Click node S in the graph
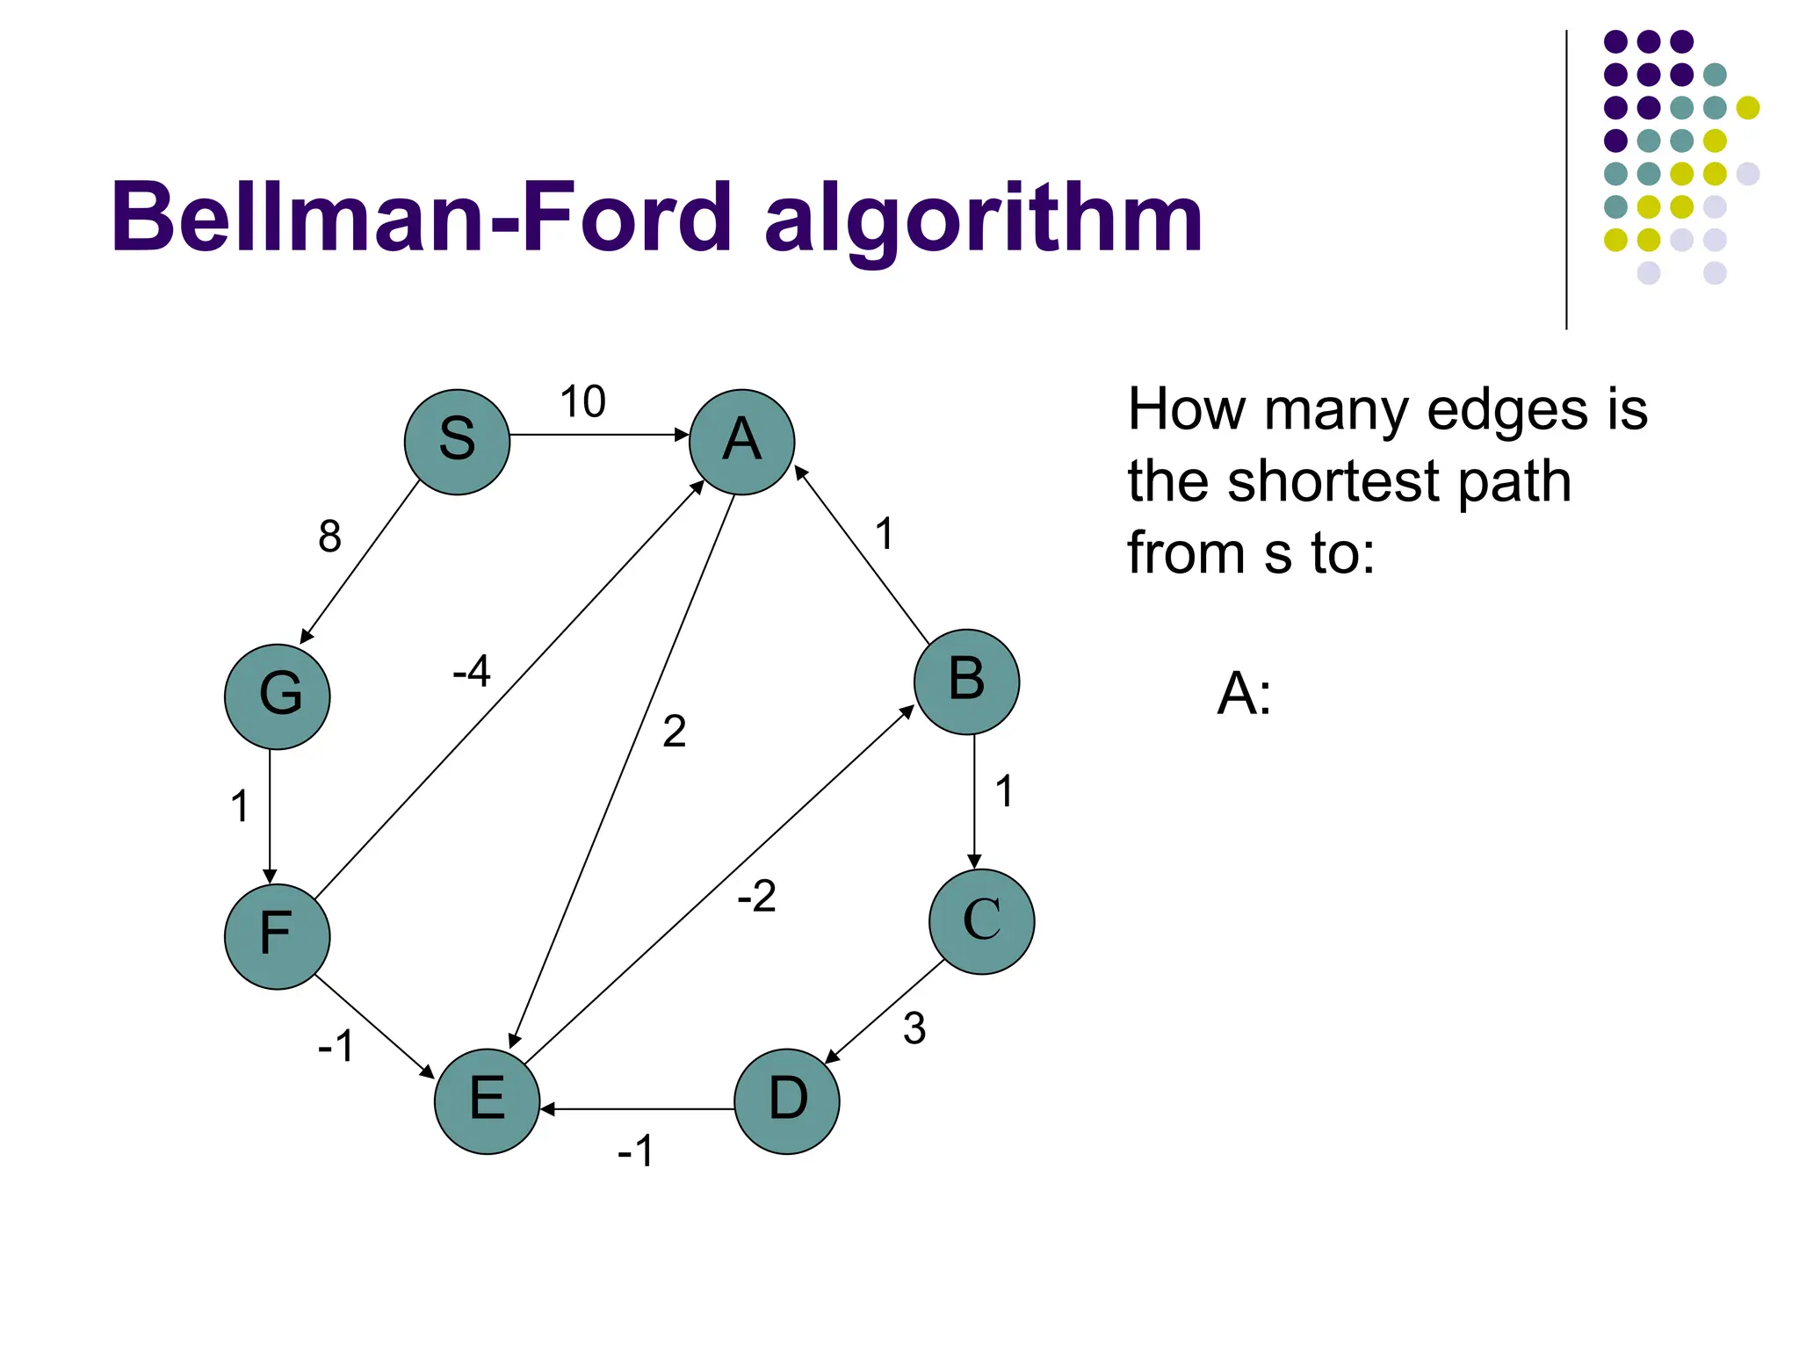[457, 442]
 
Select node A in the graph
[741, 442]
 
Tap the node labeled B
[966, 682]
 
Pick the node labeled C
[981, 921]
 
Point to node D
[786, 1100]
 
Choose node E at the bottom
[487, 1100]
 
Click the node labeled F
[277, 936]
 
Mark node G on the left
[277, 696]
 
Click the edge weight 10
[582, 402]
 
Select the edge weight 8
[329, 537]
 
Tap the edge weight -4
[472, 672]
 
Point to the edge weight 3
[914, 1028]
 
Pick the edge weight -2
[756, 897]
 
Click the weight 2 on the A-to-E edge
[674, 732]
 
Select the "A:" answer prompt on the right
[1244, 694]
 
